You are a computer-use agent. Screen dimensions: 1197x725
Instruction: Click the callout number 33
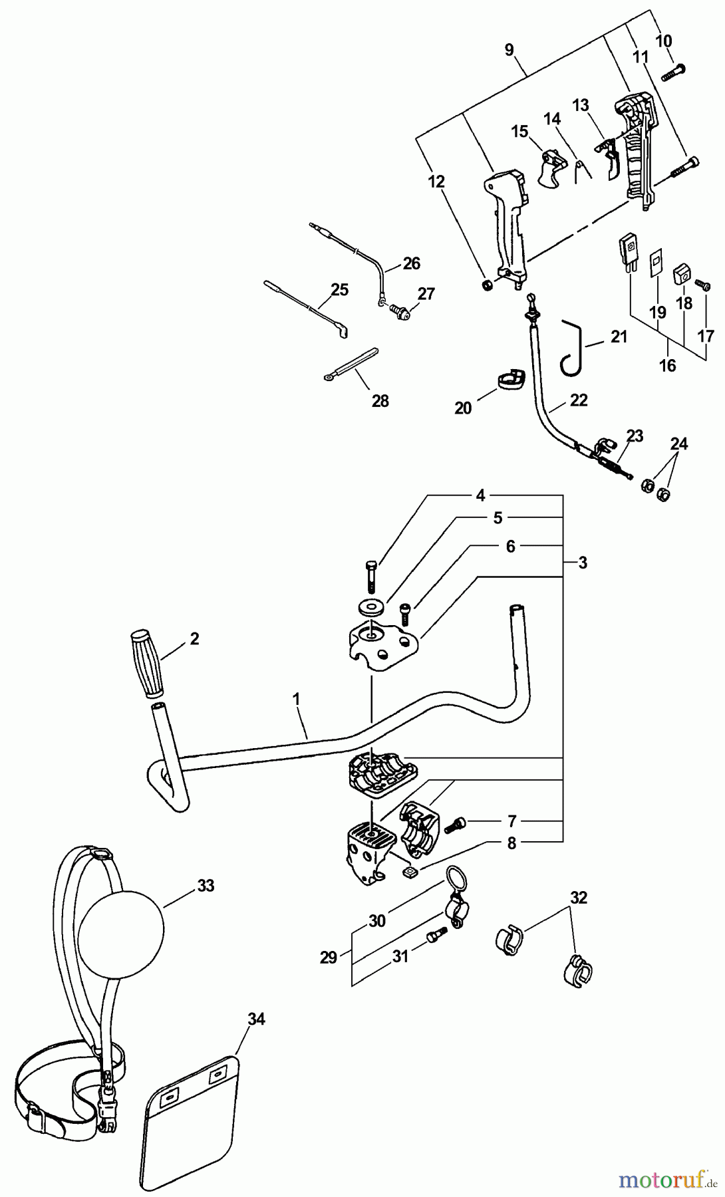[206, 886]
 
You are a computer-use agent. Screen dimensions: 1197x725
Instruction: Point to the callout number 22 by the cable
[579, 400]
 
